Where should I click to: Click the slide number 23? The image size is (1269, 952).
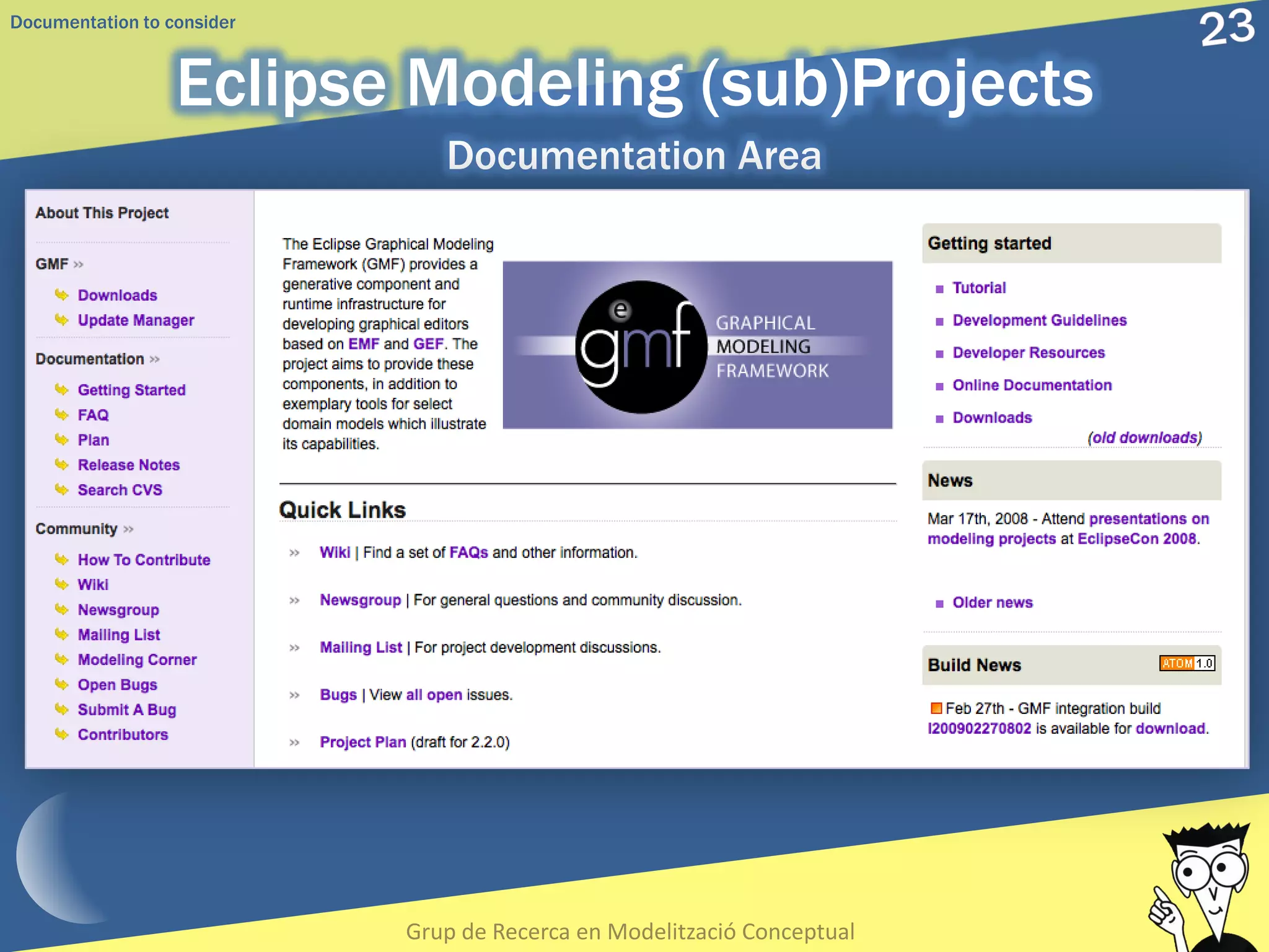click(1226, 29)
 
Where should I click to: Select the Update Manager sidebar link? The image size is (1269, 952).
click(136, 320)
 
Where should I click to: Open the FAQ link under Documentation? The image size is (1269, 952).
click(93, 415)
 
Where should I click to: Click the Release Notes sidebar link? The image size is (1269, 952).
click(128, 465)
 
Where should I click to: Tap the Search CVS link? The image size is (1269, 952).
click(120, 490)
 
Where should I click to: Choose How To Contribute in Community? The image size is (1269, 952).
click(144, 560)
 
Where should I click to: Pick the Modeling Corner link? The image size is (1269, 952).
click(137, 659)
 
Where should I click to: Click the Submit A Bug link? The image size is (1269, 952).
click(126, 710)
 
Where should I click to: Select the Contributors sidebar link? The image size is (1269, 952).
click(123, 734)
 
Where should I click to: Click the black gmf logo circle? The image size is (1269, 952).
click(641, 347)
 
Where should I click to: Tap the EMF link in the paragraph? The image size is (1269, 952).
click(363, 344)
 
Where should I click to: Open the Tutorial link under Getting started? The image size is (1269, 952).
click(979, 288)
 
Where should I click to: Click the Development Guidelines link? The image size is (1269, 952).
click(1039, 320)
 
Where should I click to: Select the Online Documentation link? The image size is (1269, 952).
click(1032, 385)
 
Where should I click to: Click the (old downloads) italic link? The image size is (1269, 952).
click(1144, 438)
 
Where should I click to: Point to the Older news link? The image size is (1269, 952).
click(992, 602)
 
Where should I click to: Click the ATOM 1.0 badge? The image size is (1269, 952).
click(1187, 663)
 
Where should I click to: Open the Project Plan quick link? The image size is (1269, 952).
click(362, 742)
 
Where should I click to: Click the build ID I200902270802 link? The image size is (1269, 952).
click(979, 728)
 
